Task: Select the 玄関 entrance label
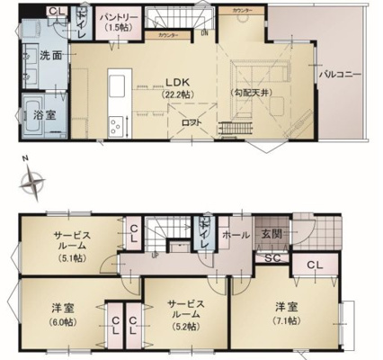(272, 233)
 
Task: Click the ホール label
(237, 233)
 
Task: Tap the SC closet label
(271, 258)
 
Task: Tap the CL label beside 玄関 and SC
(315, 265)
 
